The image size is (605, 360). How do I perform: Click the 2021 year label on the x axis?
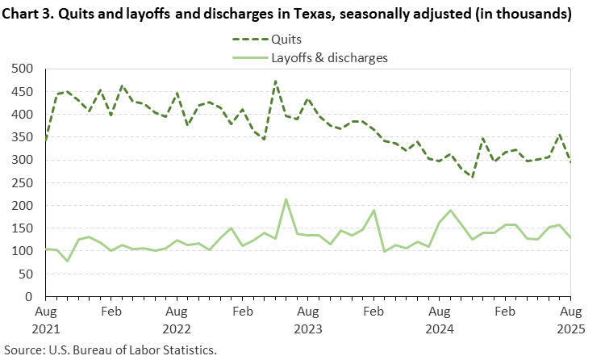pyautogui.click(x=46, y=329)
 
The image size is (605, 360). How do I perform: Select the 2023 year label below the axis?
pyautogui.click(x=308, y=329)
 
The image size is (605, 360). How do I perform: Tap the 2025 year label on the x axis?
pyautogui.click(x=570, y=329)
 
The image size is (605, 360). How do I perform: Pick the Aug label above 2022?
pyautogui.click(x=177, y=311)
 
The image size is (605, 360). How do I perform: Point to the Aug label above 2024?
pyautogui.click(x=439, y=311)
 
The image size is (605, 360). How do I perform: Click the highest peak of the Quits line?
pyautogui.click(x=275, y=81)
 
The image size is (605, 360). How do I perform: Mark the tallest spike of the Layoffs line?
pyautogui.click(x=286, y=199)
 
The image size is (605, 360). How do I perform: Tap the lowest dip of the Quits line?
pyautogui.click(x=472, y=178)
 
